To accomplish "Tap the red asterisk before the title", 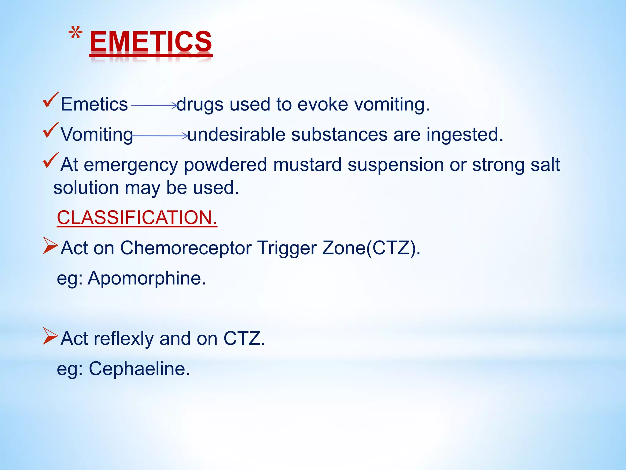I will (75, 33).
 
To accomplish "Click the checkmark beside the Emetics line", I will (50, 100).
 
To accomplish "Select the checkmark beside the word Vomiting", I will (50, 130).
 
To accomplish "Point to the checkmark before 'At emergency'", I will (50, 160).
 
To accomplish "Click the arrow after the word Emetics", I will (154, 106).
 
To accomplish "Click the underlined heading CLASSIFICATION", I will (137, 218).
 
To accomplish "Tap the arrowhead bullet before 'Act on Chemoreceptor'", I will (50, 245).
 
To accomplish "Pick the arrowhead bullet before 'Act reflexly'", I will (50, 336).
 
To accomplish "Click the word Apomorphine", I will (147, 278).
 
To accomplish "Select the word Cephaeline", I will (139, 368).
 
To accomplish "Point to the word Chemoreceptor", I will (186, 248).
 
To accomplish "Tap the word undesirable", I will (236, 135).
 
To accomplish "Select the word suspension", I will (396, 165).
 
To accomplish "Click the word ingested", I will (465, 135).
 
